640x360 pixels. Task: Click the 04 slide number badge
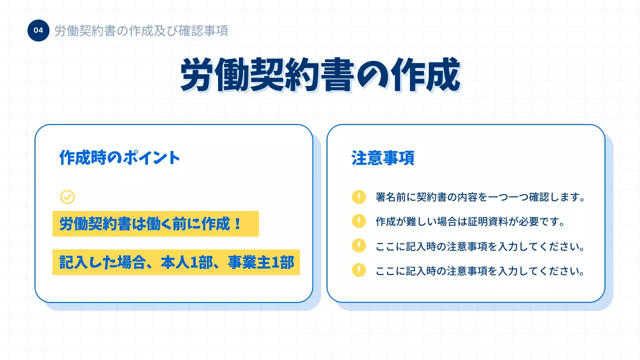(x=38, y=30)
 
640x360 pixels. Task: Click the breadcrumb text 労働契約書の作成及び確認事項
(x=141, y=31)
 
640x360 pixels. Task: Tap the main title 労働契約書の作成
(x=320, y=75)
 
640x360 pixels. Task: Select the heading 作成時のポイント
(x=119, y=158)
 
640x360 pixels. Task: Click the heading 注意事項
(x=382, y=158)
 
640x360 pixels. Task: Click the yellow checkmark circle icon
(x=67, y=197)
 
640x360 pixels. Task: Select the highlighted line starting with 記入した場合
(x=176, y=262)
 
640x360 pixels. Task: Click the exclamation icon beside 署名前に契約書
(x=359, y=197)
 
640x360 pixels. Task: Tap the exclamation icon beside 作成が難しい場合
(x=359, y=221)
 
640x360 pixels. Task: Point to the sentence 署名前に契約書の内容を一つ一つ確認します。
(x=480, y=197)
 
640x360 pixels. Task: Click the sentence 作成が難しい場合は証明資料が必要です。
(x=470, y=221)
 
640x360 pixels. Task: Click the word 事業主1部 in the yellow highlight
(x=261, y=262)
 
